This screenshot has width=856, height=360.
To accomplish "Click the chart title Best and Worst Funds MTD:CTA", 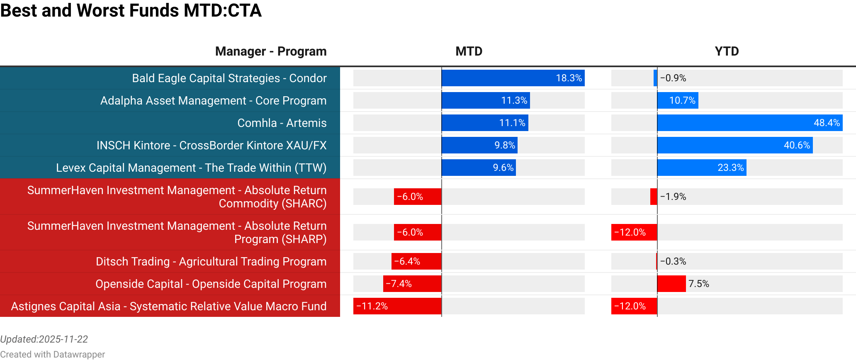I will [x=131, y=10].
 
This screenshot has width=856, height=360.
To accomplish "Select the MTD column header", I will [x=469, y=51].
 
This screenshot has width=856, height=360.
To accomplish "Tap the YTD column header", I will [x=727, y=51].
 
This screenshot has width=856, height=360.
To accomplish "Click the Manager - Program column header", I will [x=271, y=51].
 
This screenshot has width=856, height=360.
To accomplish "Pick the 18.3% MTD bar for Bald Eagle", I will [x=513, y=78].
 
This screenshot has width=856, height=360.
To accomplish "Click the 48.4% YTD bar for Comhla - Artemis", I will [x=750, y=123].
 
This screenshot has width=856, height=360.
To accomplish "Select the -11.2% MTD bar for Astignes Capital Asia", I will [x=397, y=306].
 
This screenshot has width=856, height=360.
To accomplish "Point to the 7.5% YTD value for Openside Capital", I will [x=698, y=284].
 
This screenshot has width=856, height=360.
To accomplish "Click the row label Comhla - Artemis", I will [x=282, y=123].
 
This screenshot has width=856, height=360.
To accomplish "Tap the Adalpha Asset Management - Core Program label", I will [x=213, y=100].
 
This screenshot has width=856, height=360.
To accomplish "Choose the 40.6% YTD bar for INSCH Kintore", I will [x=735, y=145].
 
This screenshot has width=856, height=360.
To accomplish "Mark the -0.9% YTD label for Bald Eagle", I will [x=673, y=78].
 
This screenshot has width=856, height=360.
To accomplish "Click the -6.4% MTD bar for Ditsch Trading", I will [x=416, y=261].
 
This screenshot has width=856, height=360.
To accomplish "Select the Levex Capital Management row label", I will [x=191, y=168].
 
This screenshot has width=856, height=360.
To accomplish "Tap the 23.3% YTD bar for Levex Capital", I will [x=702, y=168].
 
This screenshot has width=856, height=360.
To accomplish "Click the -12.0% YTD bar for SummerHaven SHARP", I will [x=634, y=232].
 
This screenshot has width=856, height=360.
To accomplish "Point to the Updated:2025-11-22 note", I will [x=44, y=339].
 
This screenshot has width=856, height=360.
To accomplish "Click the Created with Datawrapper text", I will [x=52, y=354].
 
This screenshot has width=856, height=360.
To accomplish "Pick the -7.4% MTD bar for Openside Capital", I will [x=412, y=284].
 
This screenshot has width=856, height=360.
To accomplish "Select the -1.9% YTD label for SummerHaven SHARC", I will [x=673, y=197].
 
